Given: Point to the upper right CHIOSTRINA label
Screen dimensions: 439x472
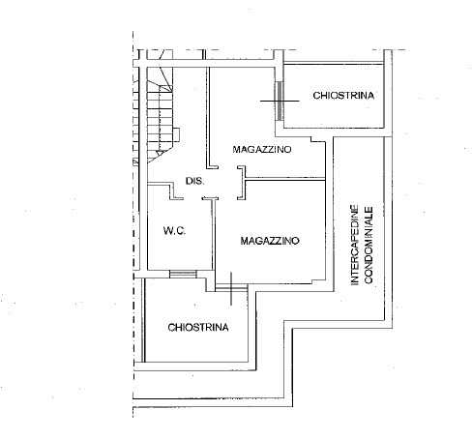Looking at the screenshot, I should pyautogui.click(x=343, y=95).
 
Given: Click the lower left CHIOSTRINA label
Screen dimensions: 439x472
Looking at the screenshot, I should pyautogui.click(x=197, y=327).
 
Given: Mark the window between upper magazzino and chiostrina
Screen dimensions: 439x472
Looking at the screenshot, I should pyautogui.click(x=280, y=101).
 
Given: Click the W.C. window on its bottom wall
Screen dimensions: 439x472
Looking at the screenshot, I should pyautogui.click(x=180, y=275).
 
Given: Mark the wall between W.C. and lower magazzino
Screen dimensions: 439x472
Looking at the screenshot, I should pyautogui.click(x=215, y=237).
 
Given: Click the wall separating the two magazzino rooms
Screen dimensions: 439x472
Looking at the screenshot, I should pyautogui.click(x=285, y=178).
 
